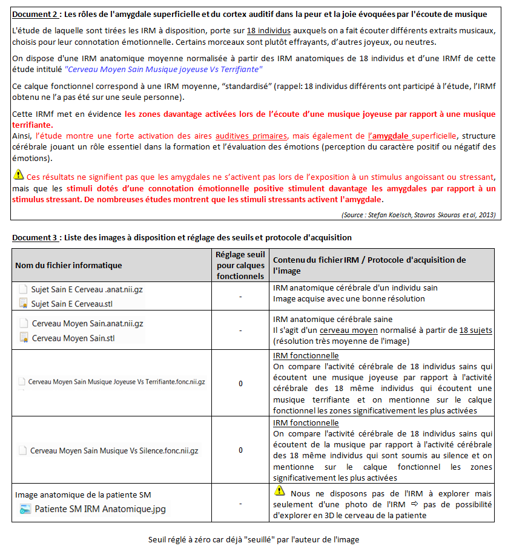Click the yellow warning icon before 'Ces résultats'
[19, 176]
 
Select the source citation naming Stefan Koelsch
[418, 215]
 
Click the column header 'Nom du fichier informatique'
[68, 265]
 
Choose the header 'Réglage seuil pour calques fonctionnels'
[240, 265]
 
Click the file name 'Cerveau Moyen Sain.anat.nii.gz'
[87, 324]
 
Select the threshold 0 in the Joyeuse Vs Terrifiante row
[240, 383]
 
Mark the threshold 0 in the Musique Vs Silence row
[240, 450]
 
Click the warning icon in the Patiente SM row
[279, 490]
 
